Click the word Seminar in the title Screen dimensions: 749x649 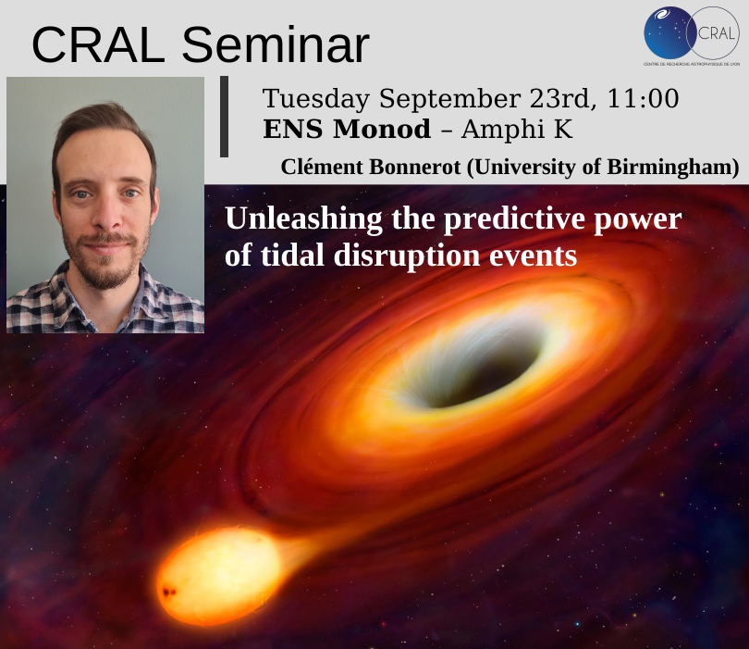(276, 45)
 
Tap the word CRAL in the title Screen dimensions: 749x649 (98, 45)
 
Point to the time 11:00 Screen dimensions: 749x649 (643, 98)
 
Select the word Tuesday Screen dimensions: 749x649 (316, 99)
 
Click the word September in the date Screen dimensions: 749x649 (449, 99)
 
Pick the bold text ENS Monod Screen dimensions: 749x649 (347, 129)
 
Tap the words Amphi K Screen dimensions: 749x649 (517, 129)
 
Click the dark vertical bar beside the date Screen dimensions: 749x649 (224, 117)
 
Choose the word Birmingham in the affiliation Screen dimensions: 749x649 (672, 168)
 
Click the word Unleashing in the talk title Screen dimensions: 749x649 (304, 219)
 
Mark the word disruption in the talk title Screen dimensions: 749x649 (407, 256)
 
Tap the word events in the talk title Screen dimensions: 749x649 (534, 256)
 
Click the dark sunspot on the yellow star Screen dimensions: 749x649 (168, 593)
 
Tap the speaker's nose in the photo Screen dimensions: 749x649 (108, 214)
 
